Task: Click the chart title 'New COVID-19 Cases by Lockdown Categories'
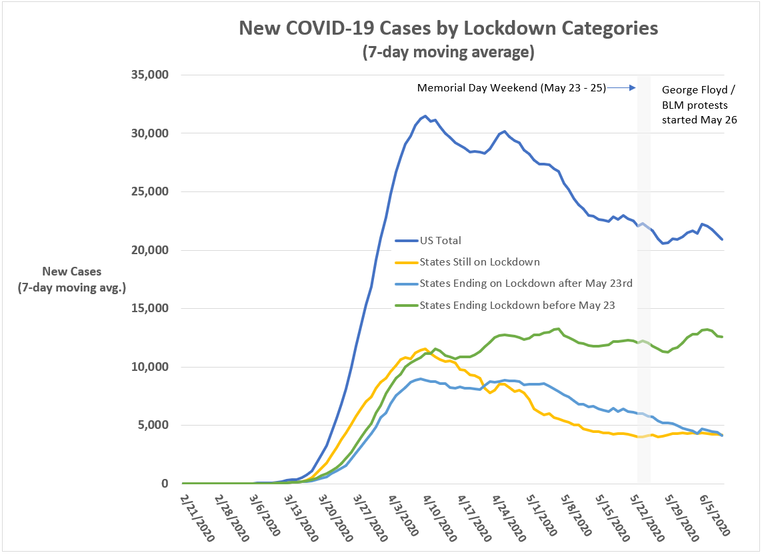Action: pyautogui.click(x=448, y=28)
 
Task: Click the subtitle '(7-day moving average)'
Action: pyautogui.click(x=448, y=51)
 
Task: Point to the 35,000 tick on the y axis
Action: pyautogui.click(x=149, y=75)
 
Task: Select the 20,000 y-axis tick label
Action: pyautogui.click(x=149, y=249)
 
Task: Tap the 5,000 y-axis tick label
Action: pyautogui.click(x=153, y=425)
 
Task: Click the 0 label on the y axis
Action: pyautogui.click(x=165, y=484)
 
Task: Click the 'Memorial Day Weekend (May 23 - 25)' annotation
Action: pyautogui.click(x=511, y=88)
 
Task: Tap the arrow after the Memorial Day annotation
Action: pyautogui.click(x=621, y=88)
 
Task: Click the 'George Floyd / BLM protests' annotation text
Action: pyautogui.click(x=699, y=97)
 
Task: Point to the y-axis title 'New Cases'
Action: pyautogui.click(x=71, y=271)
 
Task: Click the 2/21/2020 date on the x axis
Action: pyautogui.click(x=197, y=518)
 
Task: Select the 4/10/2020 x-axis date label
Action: pyautogui.click(x=440, y=518)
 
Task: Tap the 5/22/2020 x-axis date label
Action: pyautogui.click(x=647, y=518)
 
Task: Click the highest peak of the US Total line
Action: pyautogui.click(x=425, y=116)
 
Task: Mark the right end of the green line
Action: pyautogui.click(x=722, y=337)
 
